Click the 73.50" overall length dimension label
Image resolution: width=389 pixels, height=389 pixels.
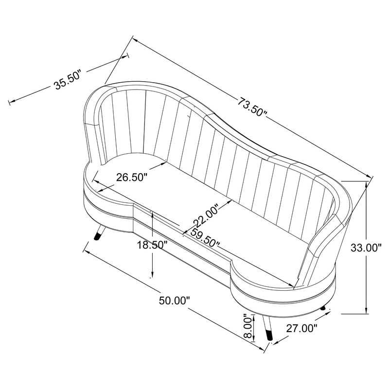point(252,107)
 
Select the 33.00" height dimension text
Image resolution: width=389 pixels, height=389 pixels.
point(366,248)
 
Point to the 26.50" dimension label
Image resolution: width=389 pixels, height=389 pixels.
point(132,177)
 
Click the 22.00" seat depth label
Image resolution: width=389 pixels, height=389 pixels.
point(206,215)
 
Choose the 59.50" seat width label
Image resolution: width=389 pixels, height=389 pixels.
point(205,237)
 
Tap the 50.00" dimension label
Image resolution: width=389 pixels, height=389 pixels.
point(174,301)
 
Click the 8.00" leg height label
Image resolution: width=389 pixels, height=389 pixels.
point(248,326)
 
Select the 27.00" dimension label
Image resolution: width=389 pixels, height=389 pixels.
point(302,329)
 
